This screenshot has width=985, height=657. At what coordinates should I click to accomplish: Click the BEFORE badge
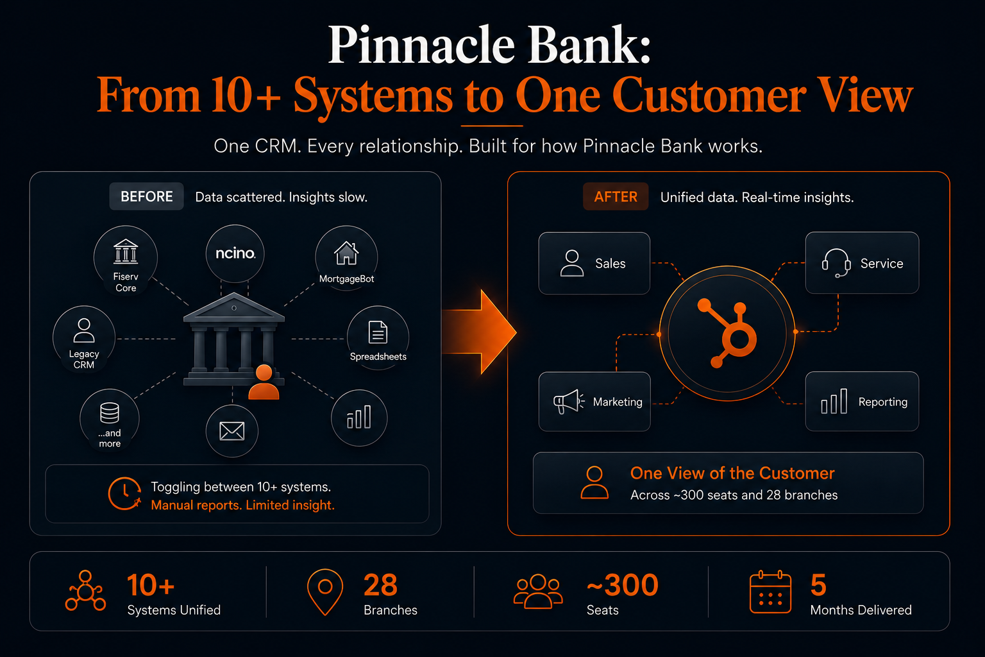[x=146, y=196]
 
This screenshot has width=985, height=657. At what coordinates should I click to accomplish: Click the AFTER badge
[x=616, y=196]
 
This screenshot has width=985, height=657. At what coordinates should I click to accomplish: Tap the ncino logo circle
[x=235, y=253]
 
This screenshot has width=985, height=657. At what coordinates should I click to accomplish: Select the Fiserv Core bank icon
[x=126, y=252]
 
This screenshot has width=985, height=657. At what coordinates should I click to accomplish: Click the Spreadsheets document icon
[x=378, y=332]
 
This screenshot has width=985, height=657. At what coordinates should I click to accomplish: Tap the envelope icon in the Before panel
[x=232, y=431]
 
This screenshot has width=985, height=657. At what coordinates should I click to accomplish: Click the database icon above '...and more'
[x=110, y=413]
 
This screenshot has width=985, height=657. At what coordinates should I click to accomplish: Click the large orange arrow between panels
[x=479, y=332]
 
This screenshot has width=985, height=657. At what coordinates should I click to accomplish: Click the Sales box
[x=594, y=263]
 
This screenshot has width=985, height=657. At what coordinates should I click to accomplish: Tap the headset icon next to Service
[x=836, y=262]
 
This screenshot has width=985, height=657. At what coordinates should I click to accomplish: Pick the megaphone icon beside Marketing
[x=569, y=402]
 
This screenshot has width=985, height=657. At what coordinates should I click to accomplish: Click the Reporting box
[x=862, y=402]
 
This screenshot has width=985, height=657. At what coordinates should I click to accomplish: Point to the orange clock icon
[x=125, y=493]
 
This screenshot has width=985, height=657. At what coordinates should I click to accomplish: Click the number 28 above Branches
[x=380, y=585]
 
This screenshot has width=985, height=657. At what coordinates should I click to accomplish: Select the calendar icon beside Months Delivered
[x=770, y=592]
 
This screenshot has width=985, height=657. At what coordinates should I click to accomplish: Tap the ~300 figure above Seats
[x=623, y=585]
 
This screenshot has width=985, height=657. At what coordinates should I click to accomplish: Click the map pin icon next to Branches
[x=325, y=592]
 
